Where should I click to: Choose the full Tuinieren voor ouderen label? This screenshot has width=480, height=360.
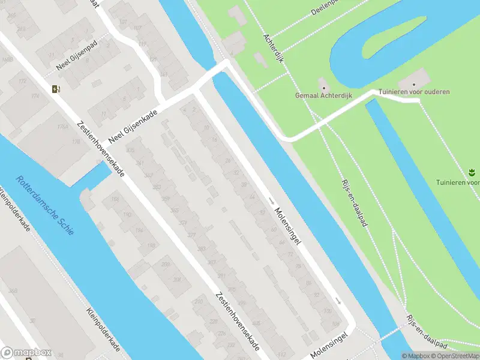pyautogui.click(x=414, y=92)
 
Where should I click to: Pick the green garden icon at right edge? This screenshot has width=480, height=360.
pyautogui.click(x=471, y=173)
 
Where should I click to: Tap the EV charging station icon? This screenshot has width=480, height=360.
pyautogui.click(x=56, y=89)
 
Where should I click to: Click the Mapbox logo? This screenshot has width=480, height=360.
pyautogui.click(x=26, y=352)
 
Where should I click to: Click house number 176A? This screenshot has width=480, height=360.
pyautogui.click(x=62, y=127)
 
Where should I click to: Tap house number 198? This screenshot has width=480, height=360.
pyautogui.click(x=152, y=245)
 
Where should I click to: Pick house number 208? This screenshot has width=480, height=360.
pyautogui.click(x=177, y=279)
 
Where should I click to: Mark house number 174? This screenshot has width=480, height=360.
pyautogui.click(x=36, y=96)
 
